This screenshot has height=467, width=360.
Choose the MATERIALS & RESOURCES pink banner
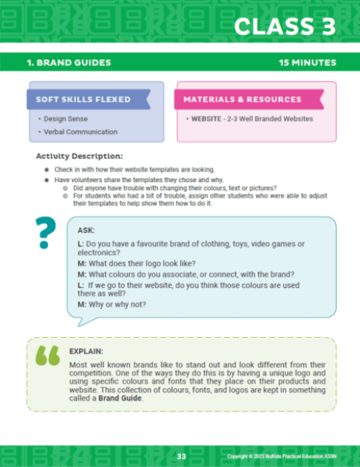(x=242, y=99)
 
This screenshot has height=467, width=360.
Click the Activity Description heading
(x=79, y=156)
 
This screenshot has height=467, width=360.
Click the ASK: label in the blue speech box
(x=87, y=231)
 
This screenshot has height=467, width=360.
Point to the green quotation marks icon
(x=47, y=354)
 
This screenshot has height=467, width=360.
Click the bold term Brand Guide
(x=120, y=398)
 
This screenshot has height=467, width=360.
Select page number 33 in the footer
(x=181, y=455)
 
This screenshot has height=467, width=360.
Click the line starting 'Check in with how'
(x=145, y=169)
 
